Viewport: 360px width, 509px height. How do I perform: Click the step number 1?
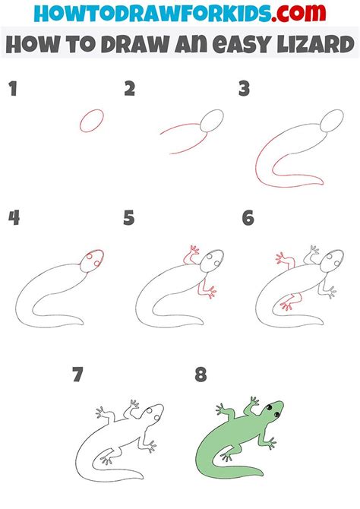[12, 90]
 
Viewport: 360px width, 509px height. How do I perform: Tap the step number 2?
[130, 90]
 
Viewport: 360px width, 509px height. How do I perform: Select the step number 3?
[245, 90]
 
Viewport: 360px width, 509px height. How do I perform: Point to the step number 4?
[14, 218]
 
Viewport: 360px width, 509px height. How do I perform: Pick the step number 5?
[130, 218]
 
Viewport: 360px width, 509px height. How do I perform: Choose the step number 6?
[248, 218]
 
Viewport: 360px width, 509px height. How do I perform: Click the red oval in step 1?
[91, 121]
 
